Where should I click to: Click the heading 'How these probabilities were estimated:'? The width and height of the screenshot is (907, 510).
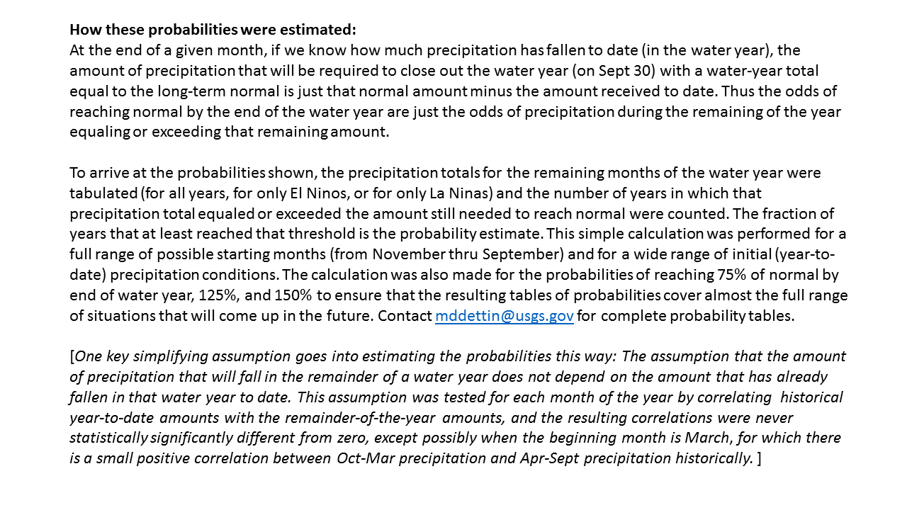[x=213, y=30]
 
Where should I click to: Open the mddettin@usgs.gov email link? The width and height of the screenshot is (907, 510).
[x=504, y=316]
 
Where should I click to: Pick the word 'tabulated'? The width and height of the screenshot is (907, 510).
[x=99, y=193]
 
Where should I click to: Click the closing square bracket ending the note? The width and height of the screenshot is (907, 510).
[x=759, y=458]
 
